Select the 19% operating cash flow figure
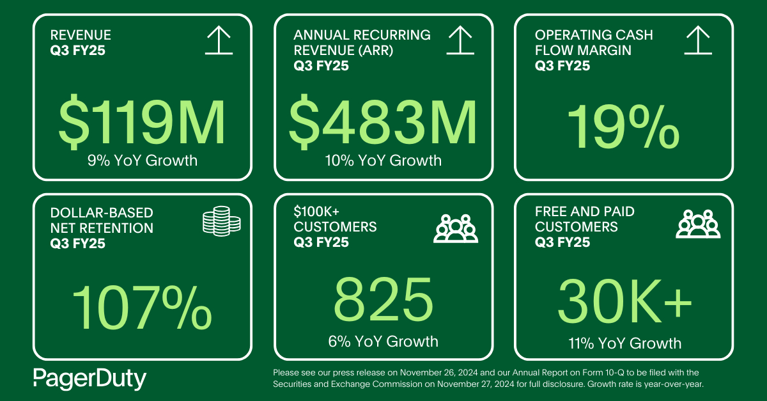[623, 126]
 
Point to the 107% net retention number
[142, 306]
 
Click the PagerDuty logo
[89, 379]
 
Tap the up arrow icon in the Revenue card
[219, 40]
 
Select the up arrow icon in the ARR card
[460, 40]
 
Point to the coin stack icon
[221, 221]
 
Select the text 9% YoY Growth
[142, 160]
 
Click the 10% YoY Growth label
[382, 160]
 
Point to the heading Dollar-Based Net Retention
[102, 220]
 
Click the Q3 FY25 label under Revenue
[77, 50]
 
